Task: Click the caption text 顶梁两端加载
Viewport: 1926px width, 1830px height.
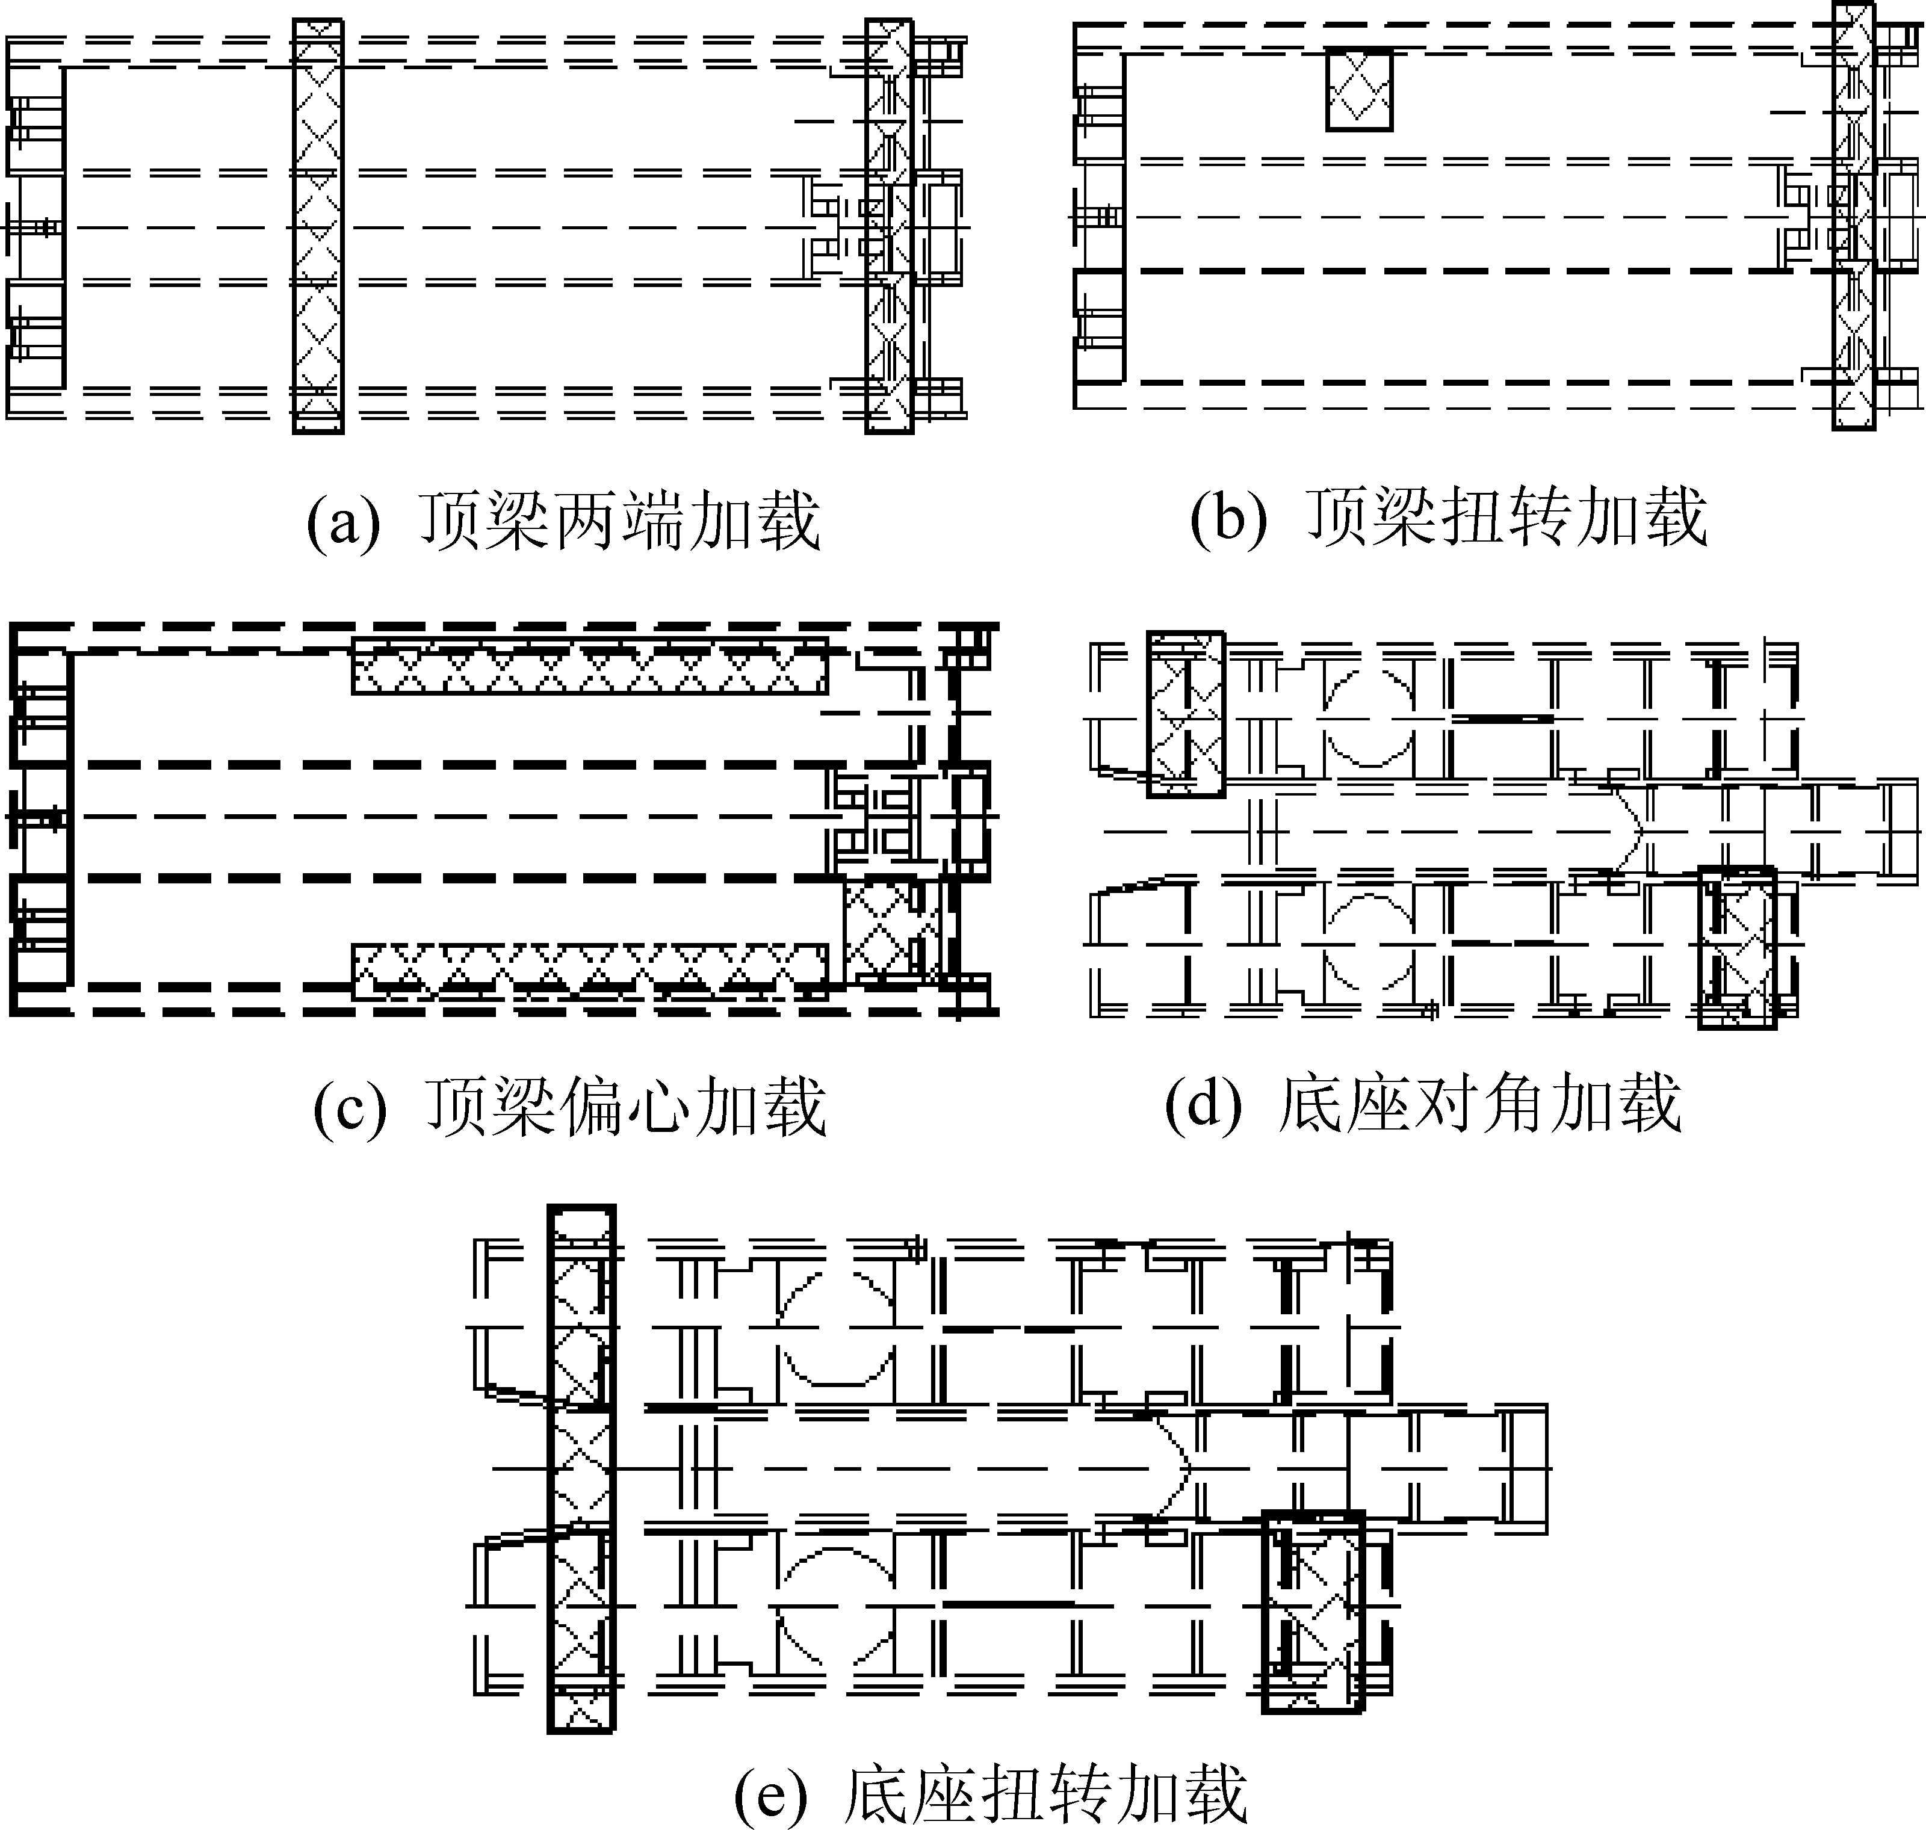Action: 621,522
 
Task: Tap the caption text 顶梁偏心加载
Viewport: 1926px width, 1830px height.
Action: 627,1108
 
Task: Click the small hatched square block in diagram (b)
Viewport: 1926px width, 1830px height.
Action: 1358,90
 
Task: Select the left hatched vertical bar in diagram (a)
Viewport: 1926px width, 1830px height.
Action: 318,225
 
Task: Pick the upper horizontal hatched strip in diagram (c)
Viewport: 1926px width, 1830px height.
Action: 589,666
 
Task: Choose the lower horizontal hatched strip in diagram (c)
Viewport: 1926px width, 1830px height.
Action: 589,971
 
